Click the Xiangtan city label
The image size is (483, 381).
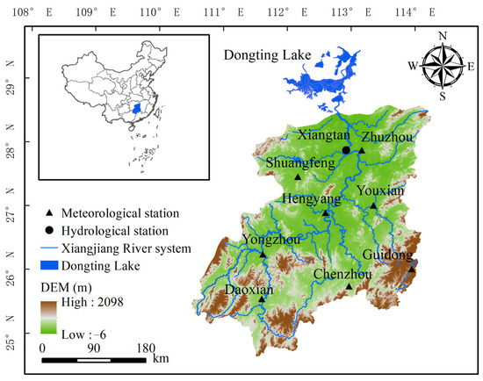324,137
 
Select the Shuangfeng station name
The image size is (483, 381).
299,162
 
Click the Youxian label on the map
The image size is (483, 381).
380,190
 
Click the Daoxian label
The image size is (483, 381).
250,288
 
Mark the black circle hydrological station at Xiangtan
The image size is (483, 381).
346,150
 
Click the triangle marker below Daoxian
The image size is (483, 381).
262,299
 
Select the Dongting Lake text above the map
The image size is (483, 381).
267,55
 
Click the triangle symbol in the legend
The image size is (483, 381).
49,213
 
